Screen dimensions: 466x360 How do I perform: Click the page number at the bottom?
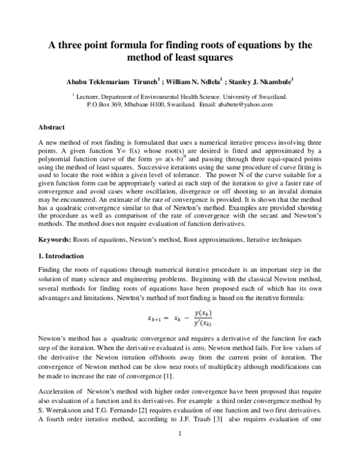(179, 447)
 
